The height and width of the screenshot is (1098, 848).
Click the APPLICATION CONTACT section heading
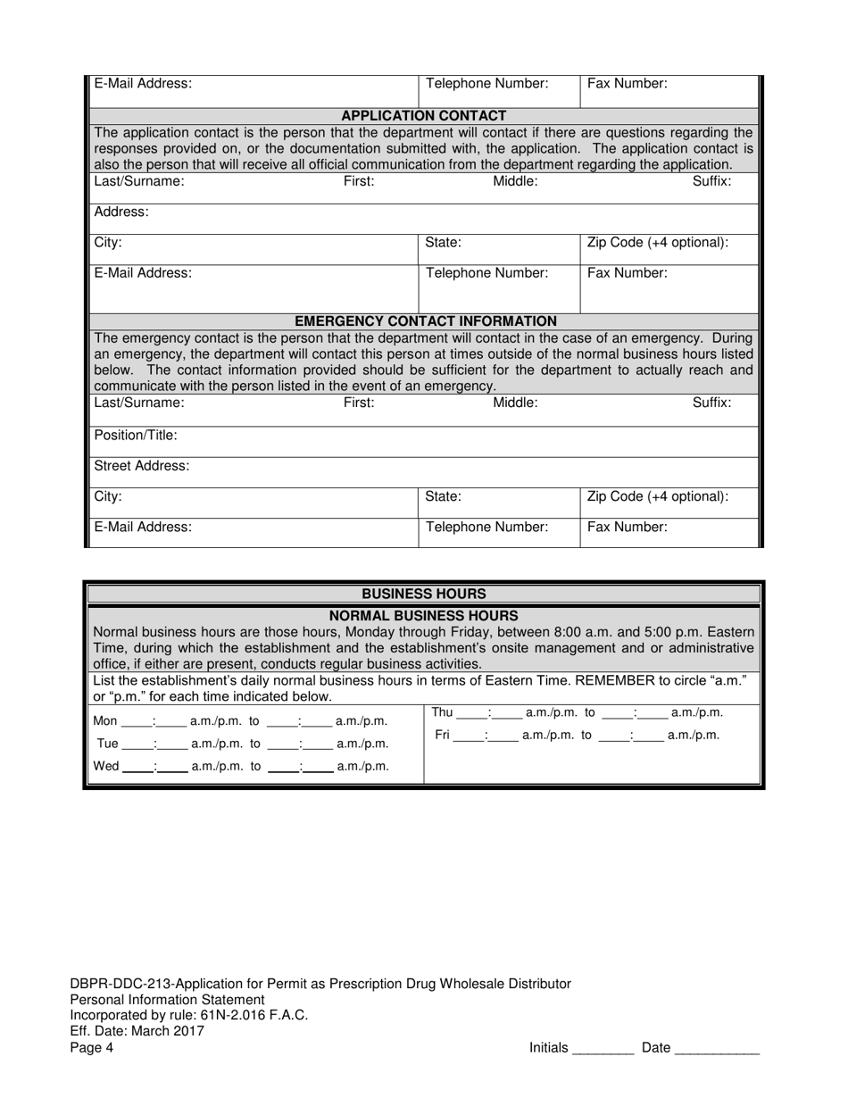[x=424, y=115]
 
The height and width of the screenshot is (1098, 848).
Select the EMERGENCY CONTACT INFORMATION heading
[x=425, y=320]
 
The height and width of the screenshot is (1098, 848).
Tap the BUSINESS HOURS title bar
[x=424, y=594]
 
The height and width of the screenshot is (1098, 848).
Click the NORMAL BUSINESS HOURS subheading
[x=424, y=616]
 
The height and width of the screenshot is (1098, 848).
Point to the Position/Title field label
[x=136, y=436]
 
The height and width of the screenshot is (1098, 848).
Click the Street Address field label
[x=141, y=466]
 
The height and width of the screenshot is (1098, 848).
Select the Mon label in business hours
[x=105, y=721]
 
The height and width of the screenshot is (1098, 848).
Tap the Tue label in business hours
[x=106, y=744]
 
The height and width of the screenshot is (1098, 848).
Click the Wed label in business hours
[x=106, y=766]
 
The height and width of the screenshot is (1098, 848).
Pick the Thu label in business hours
[x=443, y=712]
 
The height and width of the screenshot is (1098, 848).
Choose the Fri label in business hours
[x=442, y=736]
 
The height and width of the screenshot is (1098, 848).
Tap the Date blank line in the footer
[x=717, y=1050]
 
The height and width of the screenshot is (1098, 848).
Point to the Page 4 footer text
[x=92, y=1048]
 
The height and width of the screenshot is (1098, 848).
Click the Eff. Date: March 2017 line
[x=137, y=1031]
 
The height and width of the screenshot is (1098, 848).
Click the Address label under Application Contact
[x=121, y=212]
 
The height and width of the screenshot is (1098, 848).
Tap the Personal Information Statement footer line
[x=167, y=1000]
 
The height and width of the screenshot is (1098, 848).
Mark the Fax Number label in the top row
[x=627, y=84]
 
